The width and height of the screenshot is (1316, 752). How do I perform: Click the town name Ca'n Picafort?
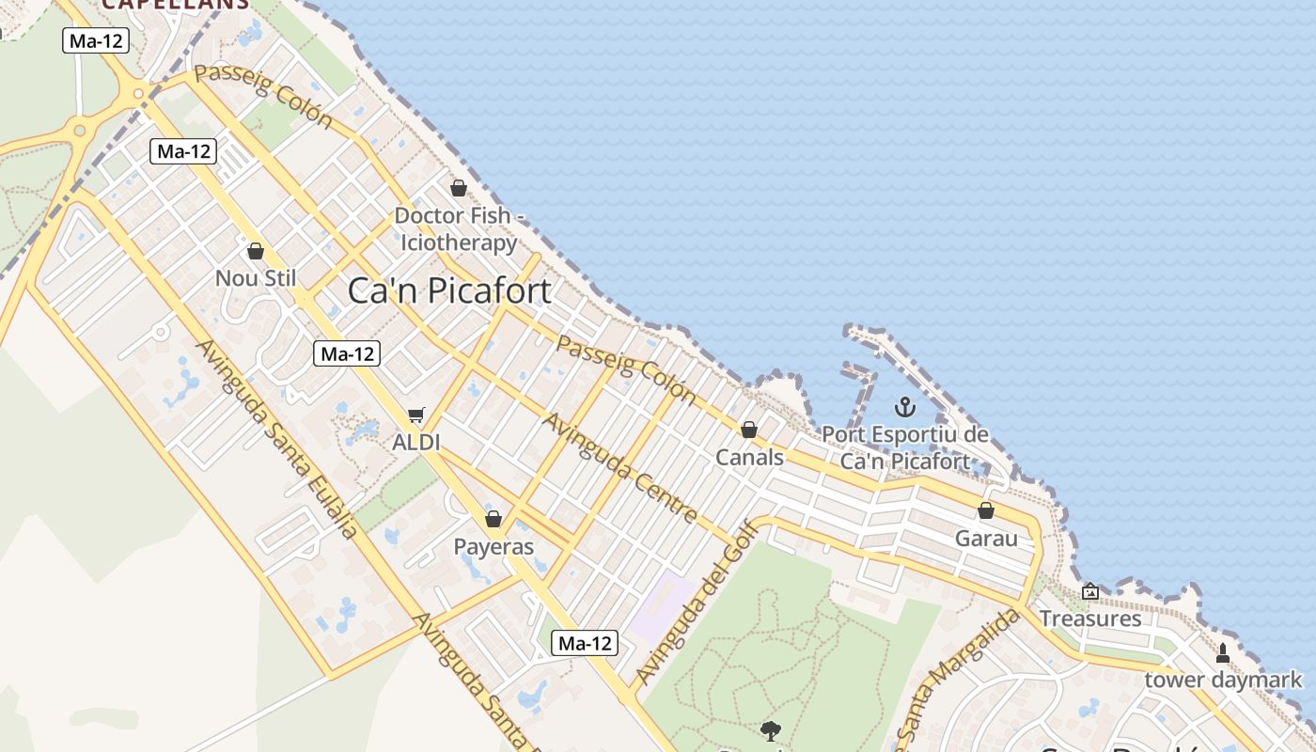[x=449, y=290]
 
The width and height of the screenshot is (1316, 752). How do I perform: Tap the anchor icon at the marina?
[x=904, y=407]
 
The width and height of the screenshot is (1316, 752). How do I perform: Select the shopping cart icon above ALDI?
[x=416, y=415]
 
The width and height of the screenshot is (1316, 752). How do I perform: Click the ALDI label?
[x=416, y=442]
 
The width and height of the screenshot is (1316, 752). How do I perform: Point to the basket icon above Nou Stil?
[x=255, y=251]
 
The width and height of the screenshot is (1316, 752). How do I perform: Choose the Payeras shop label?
[x=493, y=546]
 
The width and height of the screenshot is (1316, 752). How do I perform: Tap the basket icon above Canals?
[x=749, y=430]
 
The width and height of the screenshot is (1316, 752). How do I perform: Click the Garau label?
[x=986, y=539]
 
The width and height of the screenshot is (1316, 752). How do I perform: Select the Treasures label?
[x=1090, y=619]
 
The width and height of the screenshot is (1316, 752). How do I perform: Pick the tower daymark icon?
[x=1222, y=652]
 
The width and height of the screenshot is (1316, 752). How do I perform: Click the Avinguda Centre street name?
[x=620, y=467]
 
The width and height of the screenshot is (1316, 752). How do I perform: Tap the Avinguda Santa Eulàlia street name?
[x=276, y=438]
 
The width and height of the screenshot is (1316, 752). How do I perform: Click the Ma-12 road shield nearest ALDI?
[x=348, y=353]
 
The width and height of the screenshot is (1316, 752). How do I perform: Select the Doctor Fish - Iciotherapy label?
[x=459, y=228]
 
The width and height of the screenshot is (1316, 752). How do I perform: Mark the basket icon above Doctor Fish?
[x=459, y=188]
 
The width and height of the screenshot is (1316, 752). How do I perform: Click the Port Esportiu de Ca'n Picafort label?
[x=905, y=447]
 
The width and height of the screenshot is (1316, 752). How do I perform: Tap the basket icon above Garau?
[x=986, y=510]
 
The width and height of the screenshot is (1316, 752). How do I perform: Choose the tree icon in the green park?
[x=771, y=730]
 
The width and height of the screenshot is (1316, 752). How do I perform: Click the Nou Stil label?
[x=255, y=278]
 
